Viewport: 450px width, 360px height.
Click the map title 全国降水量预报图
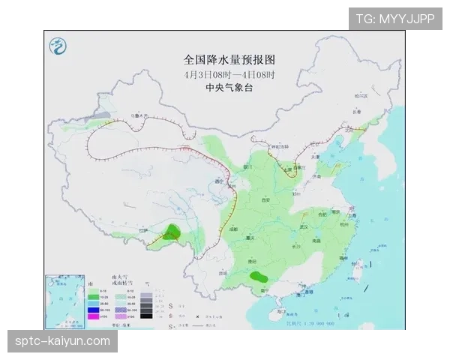click(219, 58)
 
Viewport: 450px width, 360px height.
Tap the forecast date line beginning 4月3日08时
click(219, 74)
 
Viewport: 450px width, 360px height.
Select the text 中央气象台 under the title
click(219, 88)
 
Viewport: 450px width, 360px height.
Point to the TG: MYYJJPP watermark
click(394, 19)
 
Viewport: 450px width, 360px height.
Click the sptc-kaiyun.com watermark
click(63, 342)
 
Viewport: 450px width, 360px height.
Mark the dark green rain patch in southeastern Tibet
click(175, 232)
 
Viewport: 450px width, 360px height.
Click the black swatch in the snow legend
click(147, 316)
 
